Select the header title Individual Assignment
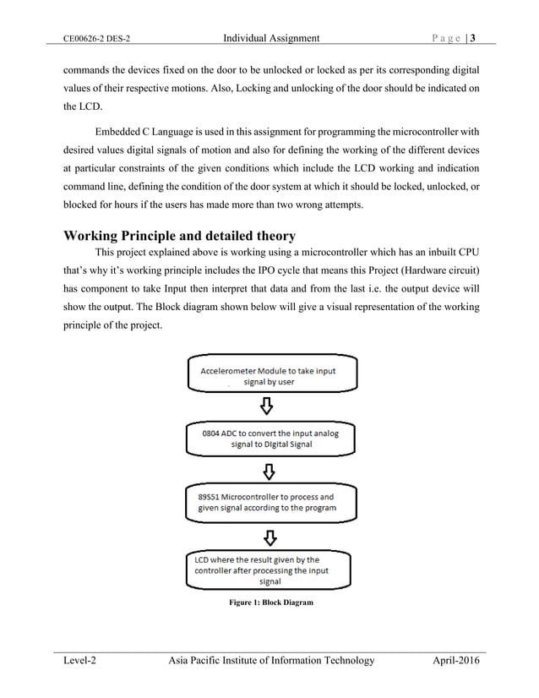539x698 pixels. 270,38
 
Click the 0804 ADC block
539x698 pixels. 267,437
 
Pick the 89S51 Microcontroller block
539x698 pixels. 267,502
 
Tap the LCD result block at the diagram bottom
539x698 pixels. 267,570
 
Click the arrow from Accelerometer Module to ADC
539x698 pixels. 267,406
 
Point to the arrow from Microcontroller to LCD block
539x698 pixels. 267,536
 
